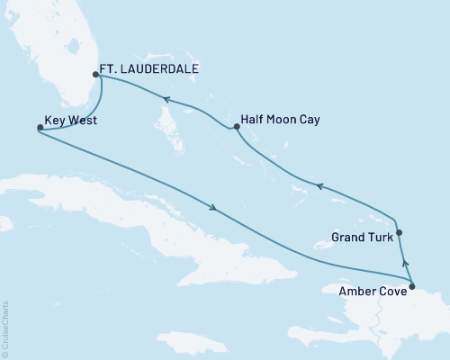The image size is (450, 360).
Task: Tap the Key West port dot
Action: [x=39, y=128]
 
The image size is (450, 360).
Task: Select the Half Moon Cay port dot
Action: [x=235, y=127]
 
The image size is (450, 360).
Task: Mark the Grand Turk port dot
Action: [x=399, y=232]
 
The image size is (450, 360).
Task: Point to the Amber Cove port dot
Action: [x=411, y=287]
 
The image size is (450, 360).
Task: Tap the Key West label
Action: [x=73, y=119]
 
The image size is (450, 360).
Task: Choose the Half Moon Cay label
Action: [x=282, y=119]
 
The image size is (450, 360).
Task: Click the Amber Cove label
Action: [x=368, y=290]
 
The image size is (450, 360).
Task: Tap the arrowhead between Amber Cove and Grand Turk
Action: [x=405, y=263]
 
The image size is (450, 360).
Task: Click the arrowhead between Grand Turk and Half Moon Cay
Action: [x=316, y=186]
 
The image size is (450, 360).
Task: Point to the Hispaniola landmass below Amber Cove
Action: [x=387, y=319]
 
